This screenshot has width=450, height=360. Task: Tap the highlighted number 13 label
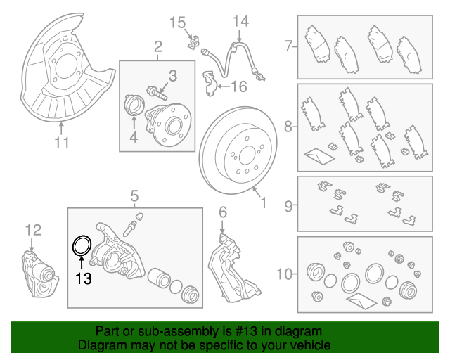pyautogui.click(x=84, y=279)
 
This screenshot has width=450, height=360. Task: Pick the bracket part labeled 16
pyautogui.click(x=209, y=84)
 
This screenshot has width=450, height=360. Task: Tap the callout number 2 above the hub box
pyautogui.click(x=157, y=47)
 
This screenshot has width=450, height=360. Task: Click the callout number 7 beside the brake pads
pyautogui.click(x=288, y=47)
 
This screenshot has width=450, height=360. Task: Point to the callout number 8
pyautogui.click(x=288, y=127)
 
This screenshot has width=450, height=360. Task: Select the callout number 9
pyautogui.click(x=288, y=207)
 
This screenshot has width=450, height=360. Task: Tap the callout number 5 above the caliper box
pyautogui.click(x=134, y=195)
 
